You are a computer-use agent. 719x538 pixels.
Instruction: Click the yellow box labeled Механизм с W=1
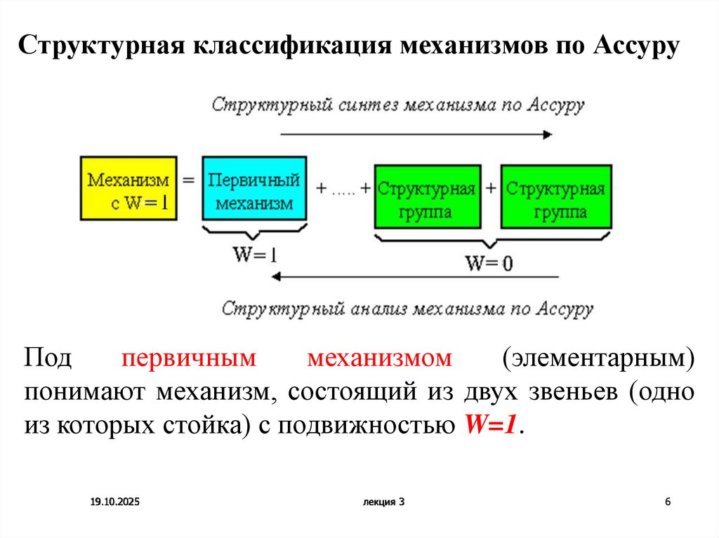[x=128, y=189]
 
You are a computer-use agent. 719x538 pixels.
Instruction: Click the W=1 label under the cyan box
[x=255, y=255]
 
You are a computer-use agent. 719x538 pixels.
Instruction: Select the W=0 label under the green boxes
[x=489, y=264]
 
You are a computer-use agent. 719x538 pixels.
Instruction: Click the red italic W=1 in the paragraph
[x=490, y=425]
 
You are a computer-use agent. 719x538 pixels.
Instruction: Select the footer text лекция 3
[x=384, y=502]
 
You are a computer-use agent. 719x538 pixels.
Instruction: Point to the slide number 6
[x=668, y=502]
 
